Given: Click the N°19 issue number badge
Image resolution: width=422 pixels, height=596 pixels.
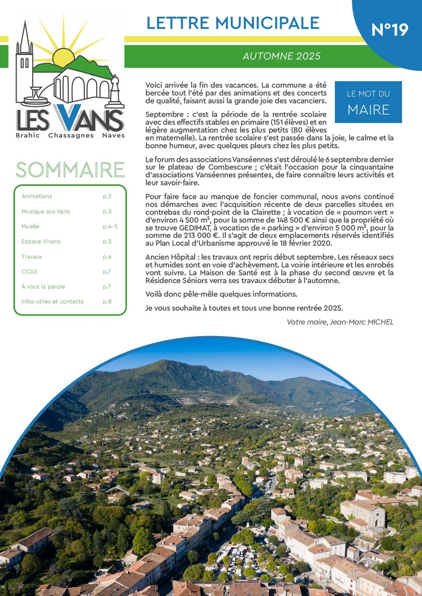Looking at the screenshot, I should click(390, 30).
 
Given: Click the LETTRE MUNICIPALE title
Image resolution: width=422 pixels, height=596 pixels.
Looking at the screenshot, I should click(233, 23).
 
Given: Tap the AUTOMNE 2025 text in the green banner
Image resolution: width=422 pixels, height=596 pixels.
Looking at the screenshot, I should click(282, 56).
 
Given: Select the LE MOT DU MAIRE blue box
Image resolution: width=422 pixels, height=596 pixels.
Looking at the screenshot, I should click(368, 102).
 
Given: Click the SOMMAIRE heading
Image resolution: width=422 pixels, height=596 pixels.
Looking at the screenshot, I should click(70, 170).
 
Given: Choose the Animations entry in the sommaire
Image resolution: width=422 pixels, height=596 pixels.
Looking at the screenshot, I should click(37, 196).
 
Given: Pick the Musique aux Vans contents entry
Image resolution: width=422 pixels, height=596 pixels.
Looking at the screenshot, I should click(46, 211).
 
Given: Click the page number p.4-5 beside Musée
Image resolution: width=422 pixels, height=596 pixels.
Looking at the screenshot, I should click(110, 226).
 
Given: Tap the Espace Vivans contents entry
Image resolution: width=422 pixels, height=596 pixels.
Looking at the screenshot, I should click(41, 241).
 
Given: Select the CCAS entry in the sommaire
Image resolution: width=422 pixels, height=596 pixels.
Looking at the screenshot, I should click(29, 272).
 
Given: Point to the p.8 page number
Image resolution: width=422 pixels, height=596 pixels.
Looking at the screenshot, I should click(107, 301).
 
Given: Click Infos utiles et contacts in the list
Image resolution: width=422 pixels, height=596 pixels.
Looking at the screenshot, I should click(52, 301).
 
